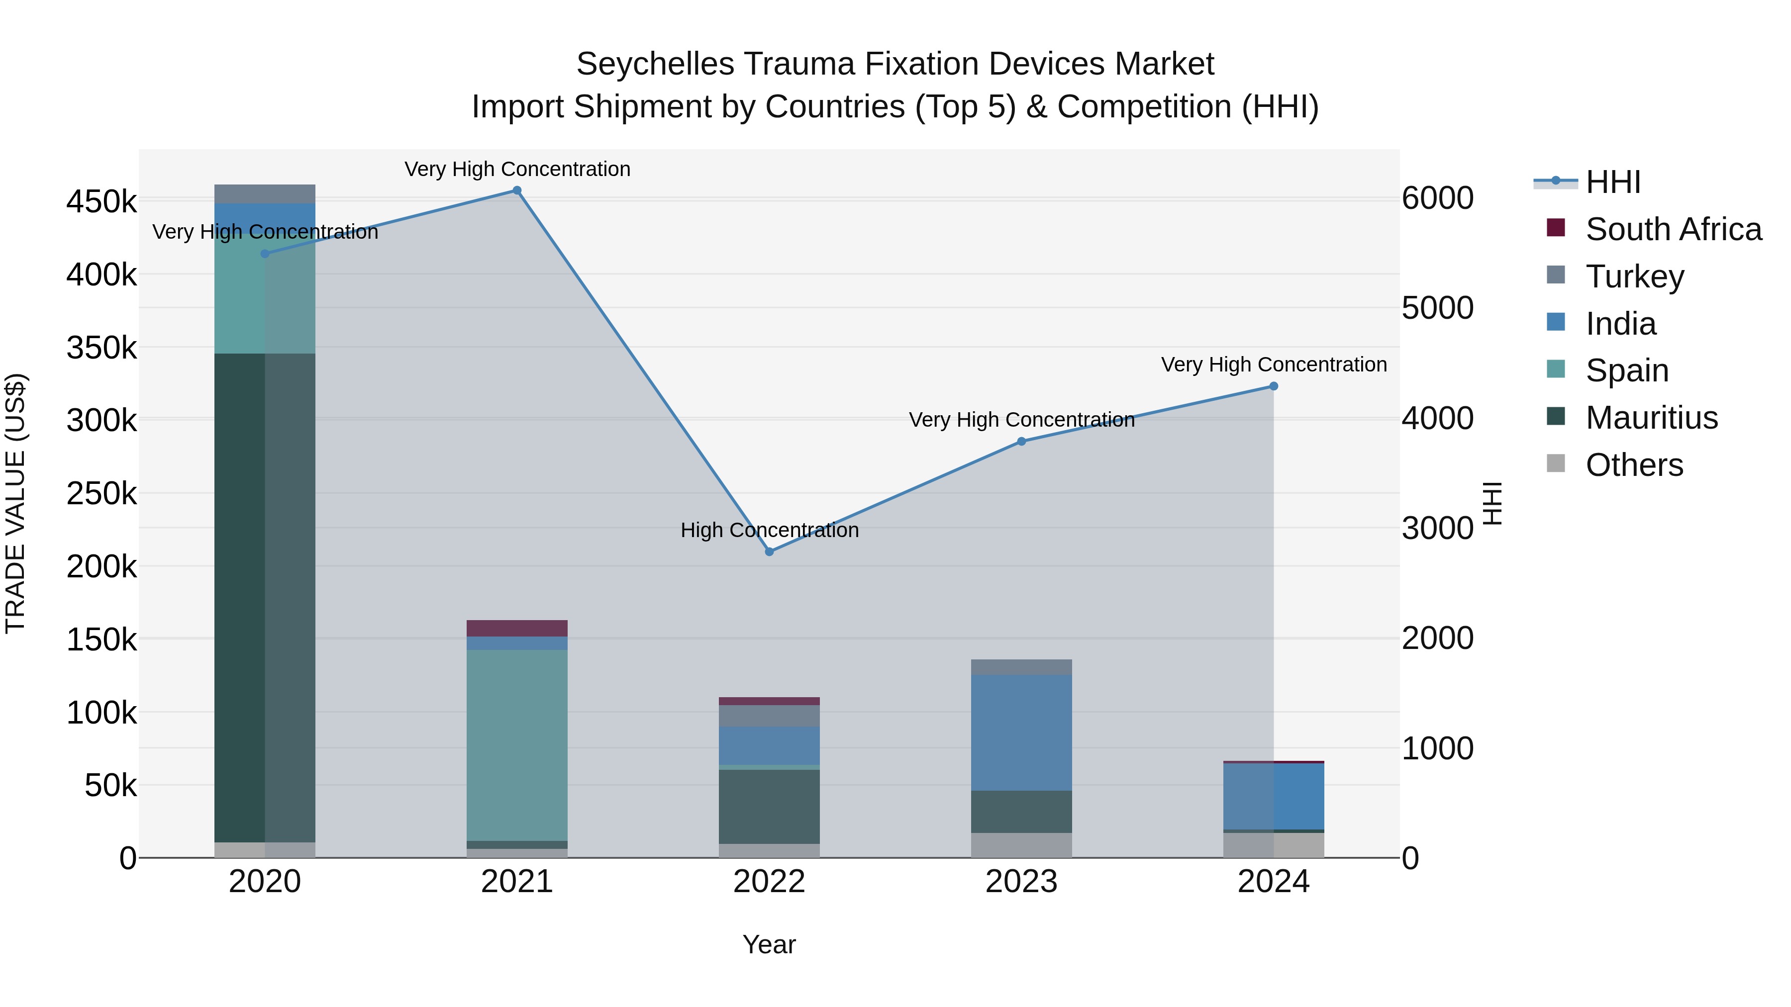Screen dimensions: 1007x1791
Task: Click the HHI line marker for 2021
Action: pyautogui.click(x=516, y=190)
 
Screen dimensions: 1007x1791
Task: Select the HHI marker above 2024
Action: pyautogui.click(x=1274, y=386)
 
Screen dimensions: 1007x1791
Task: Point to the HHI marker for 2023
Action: pyautogui.click(x=1021, y=441)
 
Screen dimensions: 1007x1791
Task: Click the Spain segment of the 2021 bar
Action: pyautogui.click(x=516, y=745)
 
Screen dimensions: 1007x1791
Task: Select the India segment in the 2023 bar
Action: pyautogui.click(x=1021, y=732)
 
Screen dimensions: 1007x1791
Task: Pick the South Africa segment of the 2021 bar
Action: pyautogui.click(x=516, y=628)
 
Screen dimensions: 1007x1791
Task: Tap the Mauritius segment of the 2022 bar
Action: pyautogui.click(x=769, y=806)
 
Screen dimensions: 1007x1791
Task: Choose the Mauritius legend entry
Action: pyautogui.click(x=1651, y=418)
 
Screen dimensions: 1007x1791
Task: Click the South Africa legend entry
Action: pyautogui.click(x=1673, y=229)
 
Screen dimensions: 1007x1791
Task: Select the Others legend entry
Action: pyautogui.click(x=1634, y=465)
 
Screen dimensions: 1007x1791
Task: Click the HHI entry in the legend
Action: pyautogui.click(x=1613, y=182)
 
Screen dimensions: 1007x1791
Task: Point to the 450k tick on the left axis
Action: pyautogui.click(x=101, y=202)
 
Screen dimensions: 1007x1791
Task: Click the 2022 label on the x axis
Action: pyautogui.click(x=769, y=882)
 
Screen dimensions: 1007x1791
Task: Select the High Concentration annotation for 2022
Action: pyautogui.click(x=769, y=530)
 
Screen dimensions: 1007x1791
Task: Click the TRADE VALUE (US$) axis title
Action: pyautogui.click(x=15, y=503)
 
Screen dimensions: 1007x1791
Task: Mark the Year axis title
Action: pyautogui.click(x=769, y=944)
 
